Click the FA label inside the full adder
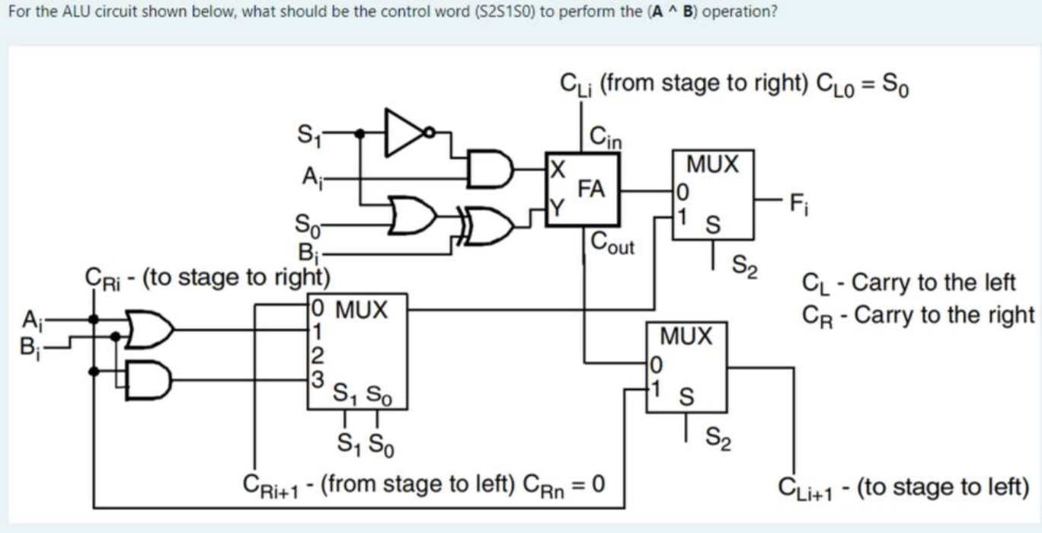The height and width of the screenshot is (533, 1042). coord(592,188)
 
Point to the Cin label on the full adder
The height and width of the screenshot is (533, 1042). coord(606,138)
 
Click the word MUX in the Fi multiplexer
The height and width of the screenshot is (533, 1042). coord(712,164)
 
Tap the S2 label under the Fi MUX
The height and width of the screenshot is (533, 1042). coord(743,266)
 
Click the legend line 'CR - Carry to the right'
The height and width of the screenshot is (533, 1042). coord(919,314)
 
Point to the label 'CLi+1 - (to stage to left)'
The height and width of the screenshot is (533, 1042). coord(903,486)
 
